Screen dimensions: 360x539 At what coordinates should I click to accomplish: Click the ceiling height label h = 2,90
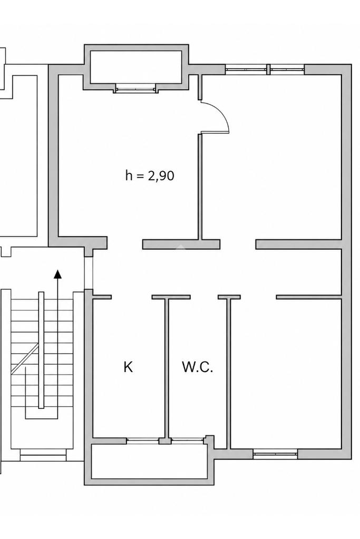[x=150, y=175]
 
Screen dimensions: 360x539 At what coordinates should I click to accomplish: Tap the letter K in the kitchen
[x=128, y=367]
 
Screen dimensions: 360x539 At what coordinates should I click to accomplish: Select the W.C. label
[x=197, y=367]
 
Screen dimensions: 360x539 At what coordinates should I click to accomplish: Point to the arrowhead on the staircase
[x=58, y=273]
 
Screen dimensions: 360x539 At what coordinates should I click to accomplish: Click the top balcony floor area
[x=136, y=67]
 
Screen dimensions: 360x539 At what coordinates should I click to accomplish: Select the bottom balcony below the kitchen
[x=149, y=462]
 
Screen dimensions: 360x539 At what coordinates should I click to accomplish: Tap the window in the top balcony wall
[x=135, y=89]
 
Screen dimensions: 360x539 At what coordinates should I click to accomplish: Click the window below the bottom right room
[x=275, y=454]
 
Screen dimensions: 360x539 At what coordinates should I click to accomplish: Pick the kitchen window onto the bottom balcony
[x=143, y=440]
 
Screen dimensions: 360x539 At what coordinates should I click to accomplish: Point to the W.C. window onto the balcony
[x=188, y=440]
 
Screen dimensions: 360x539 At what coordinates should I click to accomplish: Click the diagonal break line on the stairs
[x=25, y=358]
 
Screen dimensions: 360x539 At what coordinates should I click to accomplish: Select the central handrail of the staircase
[x=41, y=350]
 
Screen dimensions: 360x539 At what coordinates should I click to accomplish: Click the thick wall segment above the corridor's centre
[x=181, y=244]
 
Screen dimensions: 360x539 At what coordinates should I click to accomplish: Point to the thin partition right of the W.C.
[x=228, y=373]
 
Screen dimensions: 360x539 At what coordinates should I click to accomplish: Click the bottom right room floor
[x=286, y=374]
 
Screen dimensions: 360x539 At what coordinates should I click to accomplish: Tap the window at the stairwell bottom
[x=43, y=457]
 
